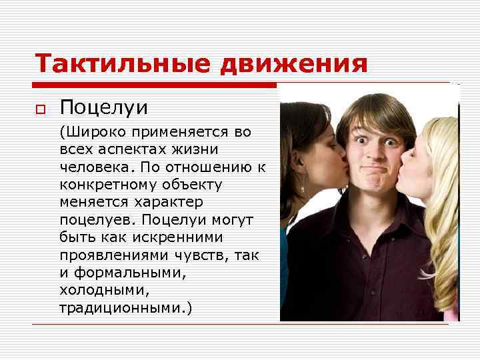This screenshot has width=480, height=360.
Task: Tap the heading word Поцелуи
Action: tap(103, 107)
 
